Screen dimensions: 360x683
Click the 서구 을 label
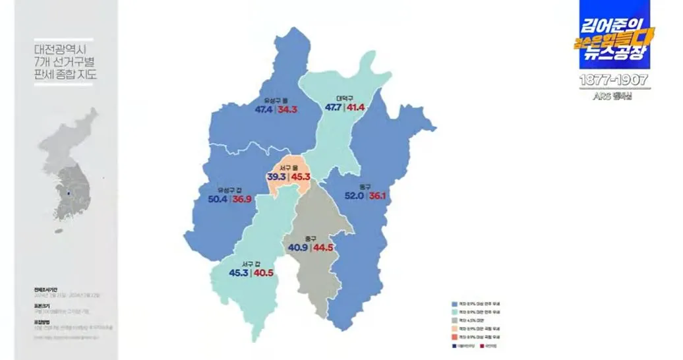point(290,168)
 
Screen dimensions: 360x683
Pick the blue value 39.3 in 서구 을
point(277,177)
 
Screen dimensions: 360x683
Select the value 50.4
point(218,199)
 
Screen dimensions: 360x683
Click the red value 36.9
point(242,199)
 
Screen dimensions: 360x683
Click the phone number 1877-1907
point(614,80)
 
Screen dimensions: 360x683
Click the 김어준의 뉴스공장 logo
point(614,37)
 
